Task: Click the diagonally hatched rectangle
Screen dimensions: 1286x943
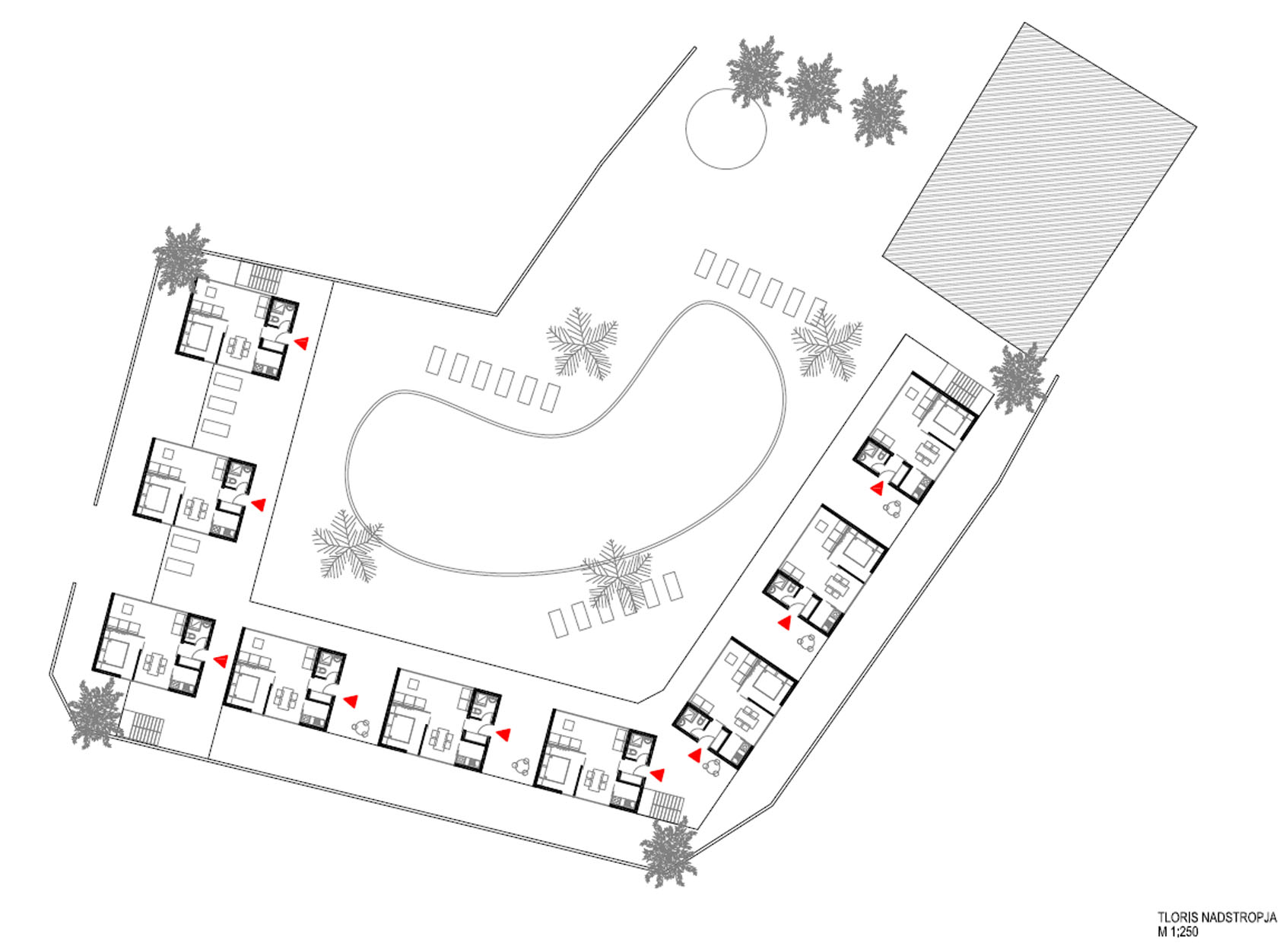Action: click(x=1040, y=189)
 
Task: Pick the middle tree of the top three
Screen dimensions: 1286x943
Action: click(x=813, y=89)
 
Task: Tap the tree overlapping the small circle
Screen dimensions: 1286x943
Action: click(x=755, y=71)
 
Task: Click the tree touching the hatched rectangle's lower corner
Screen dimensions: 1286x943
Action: click(x=1018, y=378)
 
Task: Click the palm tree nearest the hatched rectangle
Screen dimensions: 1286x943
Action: click(x=827, y=345)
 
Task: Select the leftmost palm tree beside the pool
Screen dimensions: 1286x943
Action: click(x=348, y=545)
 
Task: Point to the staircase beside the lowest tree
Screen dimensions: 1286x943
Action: click(x=667, y=805)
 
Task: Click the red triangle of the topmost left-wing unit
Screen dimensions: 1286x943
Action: click(x=301, y=343)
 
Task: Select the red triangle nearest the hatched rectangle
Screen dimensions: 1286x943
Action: click(x=878, y=488)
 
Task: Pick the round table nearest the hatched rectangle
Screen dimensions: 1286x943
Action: click(x=894, y=508)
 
